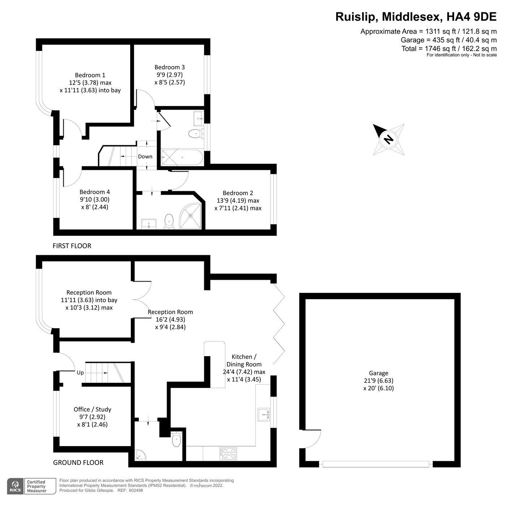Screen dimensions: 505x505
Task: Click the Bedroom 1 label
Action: pos(90,75)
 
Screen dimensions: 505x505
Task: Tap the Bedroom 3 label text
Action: pos(170,67)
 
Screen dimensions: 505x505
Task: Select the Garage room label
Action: pos(378,373)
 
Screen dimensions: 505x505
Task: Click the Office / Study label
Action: pos(92,409)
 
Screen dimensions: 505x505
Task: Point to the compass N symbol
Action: pos(389,140)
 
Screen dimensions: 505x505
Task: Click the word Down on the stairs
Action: pos(145,157)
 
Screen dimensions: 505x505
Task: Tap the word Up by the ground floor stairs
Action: pos(80,372)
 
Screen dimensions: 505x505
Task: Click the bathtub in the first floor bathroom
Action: pos(182,157)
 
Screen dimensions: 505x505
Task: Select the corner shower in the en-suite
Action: pos(190,216)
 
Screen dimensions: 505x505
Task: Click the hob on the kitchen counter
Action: pos(228,454)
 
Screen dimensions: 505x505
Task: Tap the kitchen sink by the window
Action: pos(264,414)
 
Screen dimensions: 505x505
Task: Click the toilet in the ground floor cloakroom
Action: pos(176,439)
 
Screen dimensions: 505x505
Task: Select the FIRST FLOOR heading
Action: pos(72,246)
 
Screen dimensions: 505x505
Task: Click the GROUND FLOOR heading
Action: pos(78,463)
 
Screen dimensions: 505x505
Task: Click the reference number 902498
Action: pos(136,491)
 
